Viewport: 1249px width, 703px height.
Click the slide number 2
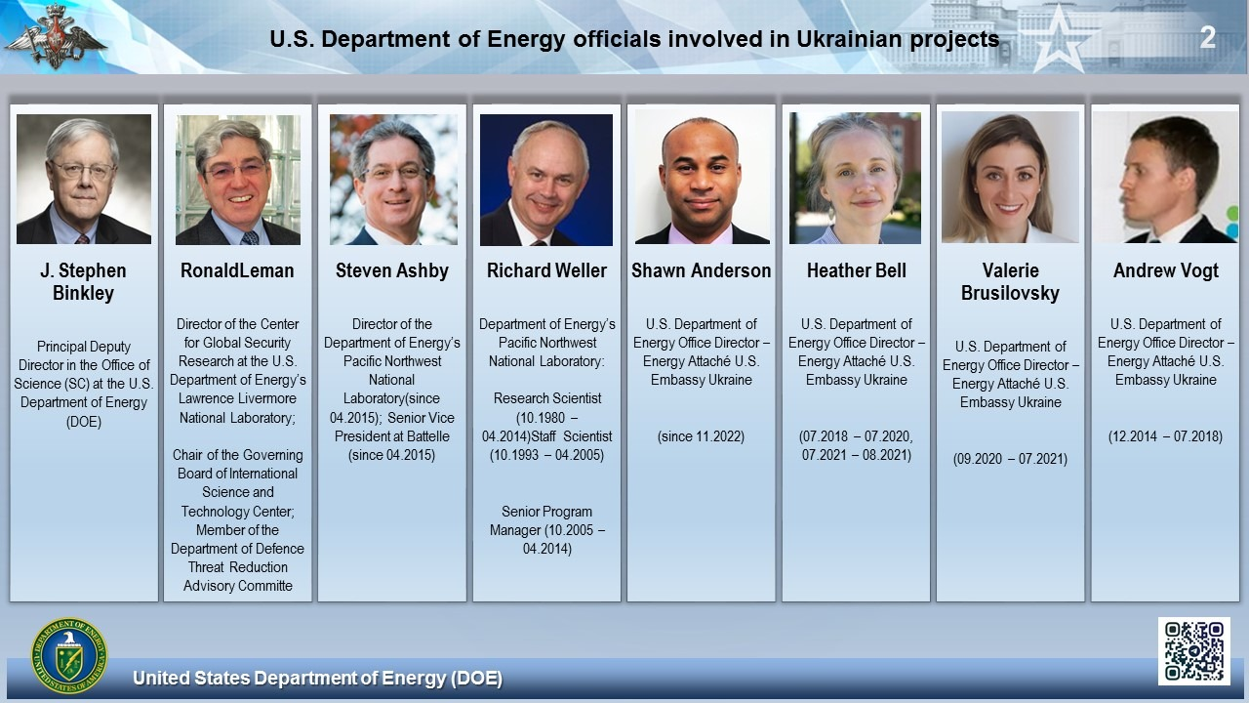[1207, 37]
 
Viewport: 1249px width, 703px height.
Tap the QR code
[1193, 650]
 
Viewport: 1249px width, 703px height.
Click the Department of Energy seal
[69, 655]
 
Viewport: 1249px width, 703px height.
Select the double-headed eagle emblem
[55, 36]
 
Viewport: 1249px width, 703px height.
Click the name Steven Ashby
[392, 271]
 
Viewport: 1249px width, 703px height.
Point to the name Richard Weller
[546, 270]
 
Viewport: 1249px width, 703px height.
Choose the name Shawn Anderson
[701, 270]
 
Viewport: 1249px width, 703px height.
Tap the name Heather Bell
[857, 270]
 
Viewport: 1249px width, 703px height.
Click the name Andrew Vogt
[1166, 271]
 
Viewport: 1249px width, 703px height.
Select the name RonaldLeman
[237, 270]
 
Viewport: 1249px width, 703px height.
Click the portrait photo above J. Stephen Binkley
[84, 179]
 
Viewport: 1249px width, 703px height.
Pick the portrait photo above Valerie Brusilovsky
[1010, 178]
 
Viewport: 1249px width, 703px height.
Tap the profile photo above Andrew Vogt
[1165, 178]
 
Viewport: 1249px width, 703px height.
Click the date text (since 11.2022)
[701, 436]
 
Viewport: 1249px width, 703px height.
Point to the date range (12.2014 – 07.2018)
[1165, 436]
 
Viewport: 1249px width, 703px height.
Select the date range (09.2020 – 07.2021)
[1010, 459]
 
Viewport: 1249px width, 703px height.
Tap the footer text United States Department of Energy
[318, 678]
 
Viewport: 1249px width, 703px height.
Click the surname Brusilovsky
[1010, 294]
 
